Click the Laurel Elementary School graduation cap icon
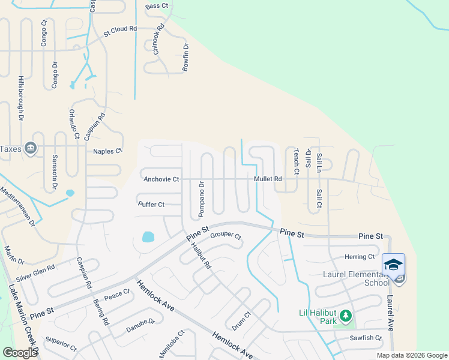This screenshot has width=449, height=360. tap(393, 265)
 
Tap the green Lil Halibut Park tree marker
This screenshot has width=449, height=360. tap(345, 315)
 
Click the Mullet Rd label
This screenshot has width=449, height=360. tap(268, 179)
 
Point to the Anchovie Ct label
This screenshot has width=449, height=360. tap(161, 179)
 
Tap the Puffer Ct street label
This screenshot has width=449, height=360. tap(151, 205)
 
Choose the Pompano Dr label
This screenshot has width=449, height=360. tap(202, 199)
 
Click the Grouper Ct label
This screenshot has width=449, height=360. tap(226, 236)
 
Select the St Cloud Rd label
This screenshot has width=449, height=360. tap(120, 28)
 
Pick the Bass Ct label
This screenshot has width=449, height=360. tap(157, 6)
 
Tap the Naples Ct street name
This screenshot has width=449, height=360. tap(107, 151)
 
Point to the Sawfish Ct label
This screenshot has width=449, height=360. tap(366, 338)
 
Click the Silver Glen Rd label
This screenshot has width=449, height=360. tap(36, 272)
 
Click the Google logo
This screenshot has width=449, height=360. tap(20, 352)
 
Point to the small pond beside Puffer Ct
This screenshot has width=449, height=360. tap(148, 237)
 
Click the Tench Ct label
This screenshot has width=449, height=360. tap(296, 161)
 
